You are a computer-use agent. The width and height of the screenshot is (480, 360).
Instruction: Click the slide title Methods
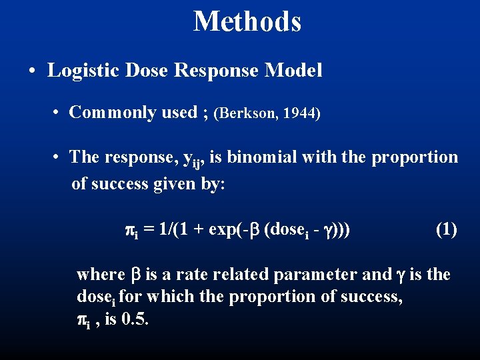pos(247,21)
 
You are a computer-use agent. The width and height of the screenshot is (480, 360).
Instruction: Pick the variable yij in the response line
pos(197,159)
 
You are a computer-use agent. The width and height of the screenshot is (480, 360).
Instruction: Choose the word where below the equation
pos(100,274)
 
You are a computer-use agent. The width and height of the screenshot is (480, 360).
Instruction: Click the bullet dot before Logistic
pos(32,71)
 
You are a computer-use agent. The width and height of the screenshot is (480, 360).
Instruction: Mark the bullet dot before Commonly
pos(58,113)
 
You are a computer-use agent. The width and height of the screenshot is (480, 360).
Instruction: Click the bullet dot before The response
pos(58,158)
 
